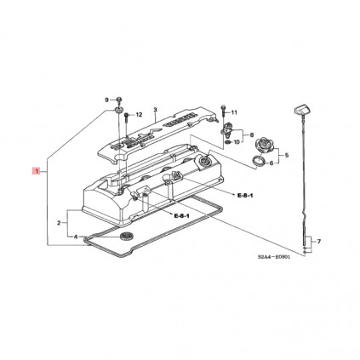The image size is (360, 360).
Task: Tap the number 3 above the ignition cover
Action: tap(156, 110)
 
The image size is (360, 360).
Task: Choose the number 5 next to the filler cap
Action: tap(287, 154)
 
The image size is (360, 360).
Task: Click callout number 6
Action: tap(271, 163)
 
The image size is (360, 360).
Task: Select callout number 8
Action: tap(250, 134)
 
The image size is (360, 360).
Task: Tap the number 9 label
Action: tap(107, 100)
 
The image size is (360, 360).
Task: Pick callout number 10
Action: tap(237, 142)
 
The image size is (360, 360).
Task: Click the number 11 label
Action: tap(235, 112)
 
